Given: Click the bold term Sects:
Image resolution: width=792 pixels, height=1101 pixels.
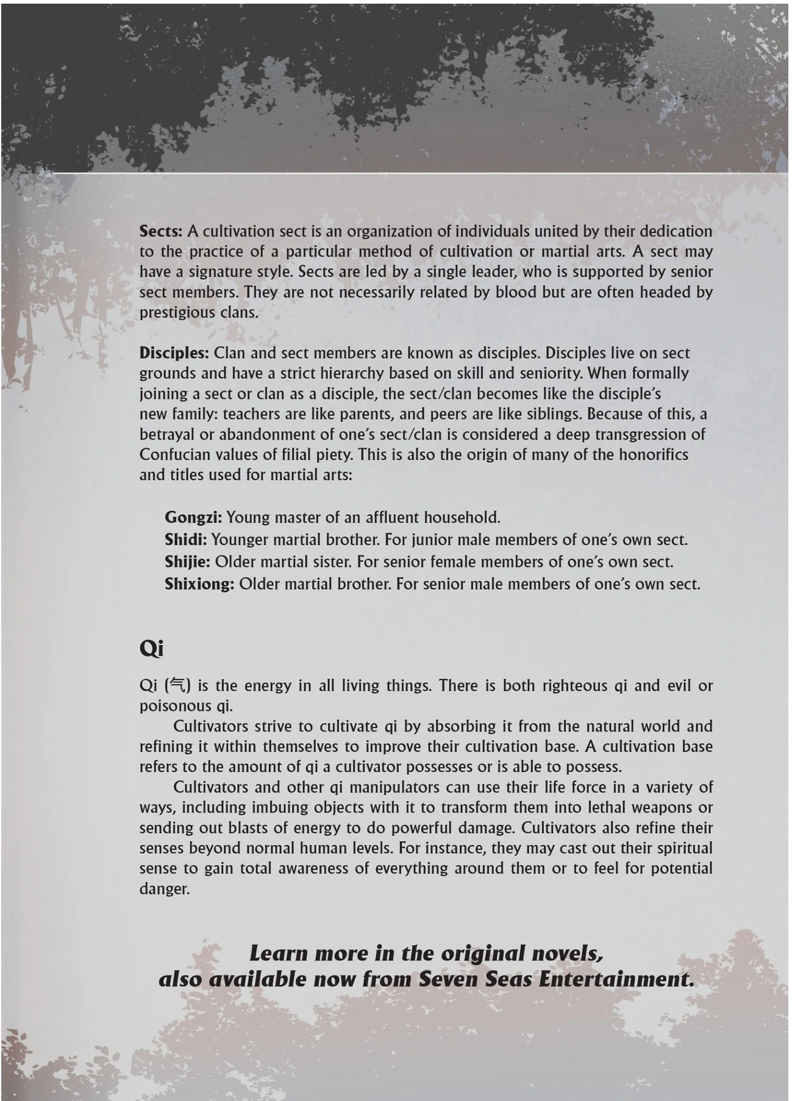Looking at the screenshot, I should [161, 232].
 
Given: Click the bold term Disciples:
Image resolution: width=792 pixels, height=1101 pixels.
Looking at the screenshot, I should [174, 353].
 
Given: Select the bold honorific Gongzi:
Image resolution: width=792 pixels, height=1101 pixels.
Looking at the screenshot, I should [193, 518].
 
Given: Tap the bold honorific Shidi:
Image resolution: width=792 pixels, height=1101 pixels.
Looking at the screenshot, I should [185, 540].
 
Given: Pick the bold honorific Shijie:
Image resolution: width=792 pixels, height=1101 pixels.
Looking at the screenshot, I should [188, 562].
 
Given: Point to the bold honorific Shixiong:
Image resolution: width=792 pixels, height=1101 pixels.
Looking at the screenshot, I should [199, 584].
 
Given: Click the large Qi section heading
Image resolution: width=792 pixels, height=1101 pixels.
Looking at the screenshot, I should [151, 649].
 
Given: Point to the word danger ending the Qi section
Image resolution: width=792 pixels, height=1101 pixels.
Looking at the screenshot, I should [164, 889].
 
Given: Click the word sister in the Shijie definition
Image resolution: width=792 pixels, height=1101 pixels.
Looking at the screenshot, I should [331, 562].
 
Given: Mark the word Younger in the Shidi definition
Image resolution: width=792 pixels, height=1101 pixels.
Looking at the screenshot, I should [240, 540].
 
